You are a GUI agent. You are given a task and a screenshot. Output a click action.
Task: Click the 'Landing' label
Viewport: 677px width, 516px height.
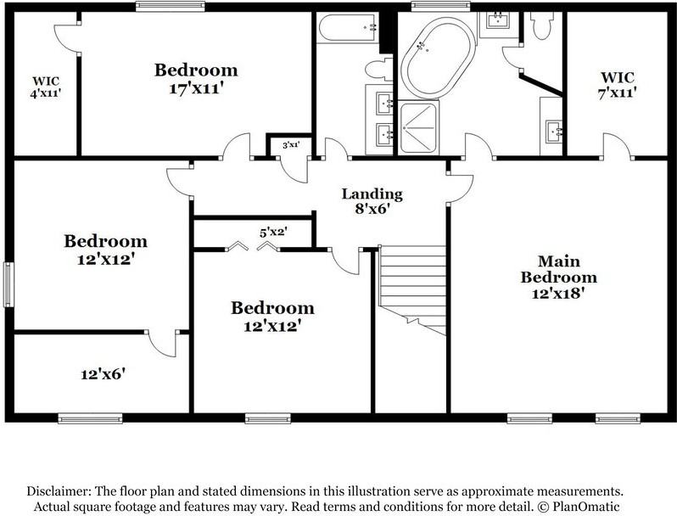tap(372, 194)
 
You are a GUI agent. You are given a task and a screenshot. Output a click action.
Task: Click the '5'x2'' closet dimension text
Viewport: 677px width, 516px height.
tap(274, 229)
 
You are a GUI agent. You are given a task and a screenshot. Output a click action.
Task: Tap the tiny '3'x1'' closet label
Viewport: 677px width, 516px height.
tap(290, 145)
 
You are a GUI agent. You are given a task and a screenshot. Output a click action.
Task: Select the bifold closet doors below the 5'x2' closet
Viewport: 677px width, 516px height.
tap(253, 247)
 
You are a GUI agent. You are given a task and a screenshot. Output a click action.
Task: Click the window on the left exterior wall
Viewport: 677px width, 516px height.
tap(10, 283)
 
